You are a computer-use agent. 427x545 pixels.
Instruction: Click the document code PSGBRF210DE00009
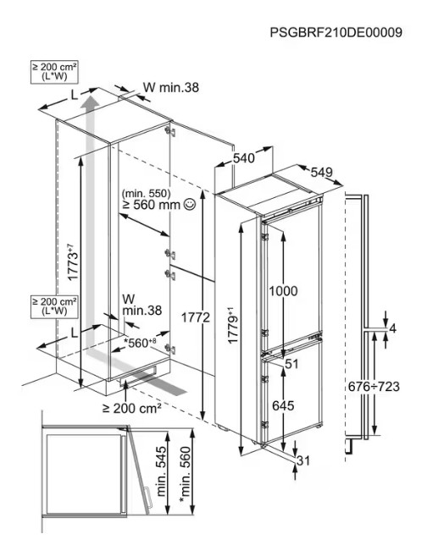coord(335,32)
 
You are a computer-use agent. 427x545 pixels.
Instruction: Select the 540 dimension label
coord(244,158)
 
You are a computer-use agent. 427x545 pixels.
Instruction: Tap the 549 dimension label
coord(322,172)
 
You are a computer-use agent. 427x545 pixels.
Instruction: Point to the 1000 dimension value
coord(283,291)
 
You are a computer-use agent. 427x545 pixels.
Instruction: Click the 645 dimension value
coord(283,405)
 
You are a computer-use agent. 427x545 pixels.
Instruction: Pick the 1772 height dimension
coord(196,317)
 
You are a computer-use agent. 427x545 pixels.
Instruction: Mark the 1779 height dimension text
coord(233,325)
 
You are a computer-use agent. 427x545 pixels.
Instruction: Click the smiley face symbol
coord(190,205)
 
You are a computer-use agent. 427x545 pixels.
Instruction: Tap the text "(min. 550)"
coord(147,193)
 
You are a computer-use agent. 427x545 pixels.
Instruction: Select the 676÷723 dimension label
coord(374,386)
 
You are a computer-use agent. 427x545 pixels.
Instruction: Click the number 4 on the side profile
coord(393,328)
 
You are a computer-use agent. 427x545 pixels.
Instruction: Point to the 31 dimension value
coord(303,461)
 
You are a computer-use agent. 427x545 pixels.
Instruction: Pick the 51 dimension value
coord(291,364)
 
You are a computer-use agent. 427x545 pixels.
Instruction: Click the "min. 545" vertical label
coord(161,471)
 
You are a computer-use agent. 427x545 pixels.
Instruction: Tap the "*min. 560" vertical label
coord(186,475)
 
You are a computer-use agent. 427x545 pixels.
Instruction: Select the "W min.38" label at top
coord(171,87)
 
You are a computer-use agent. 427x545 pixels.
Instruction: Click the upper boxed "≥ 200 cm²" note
coord(54,72)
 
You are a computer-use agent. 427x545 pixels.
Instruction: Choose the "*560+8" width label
coord(140,343)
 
